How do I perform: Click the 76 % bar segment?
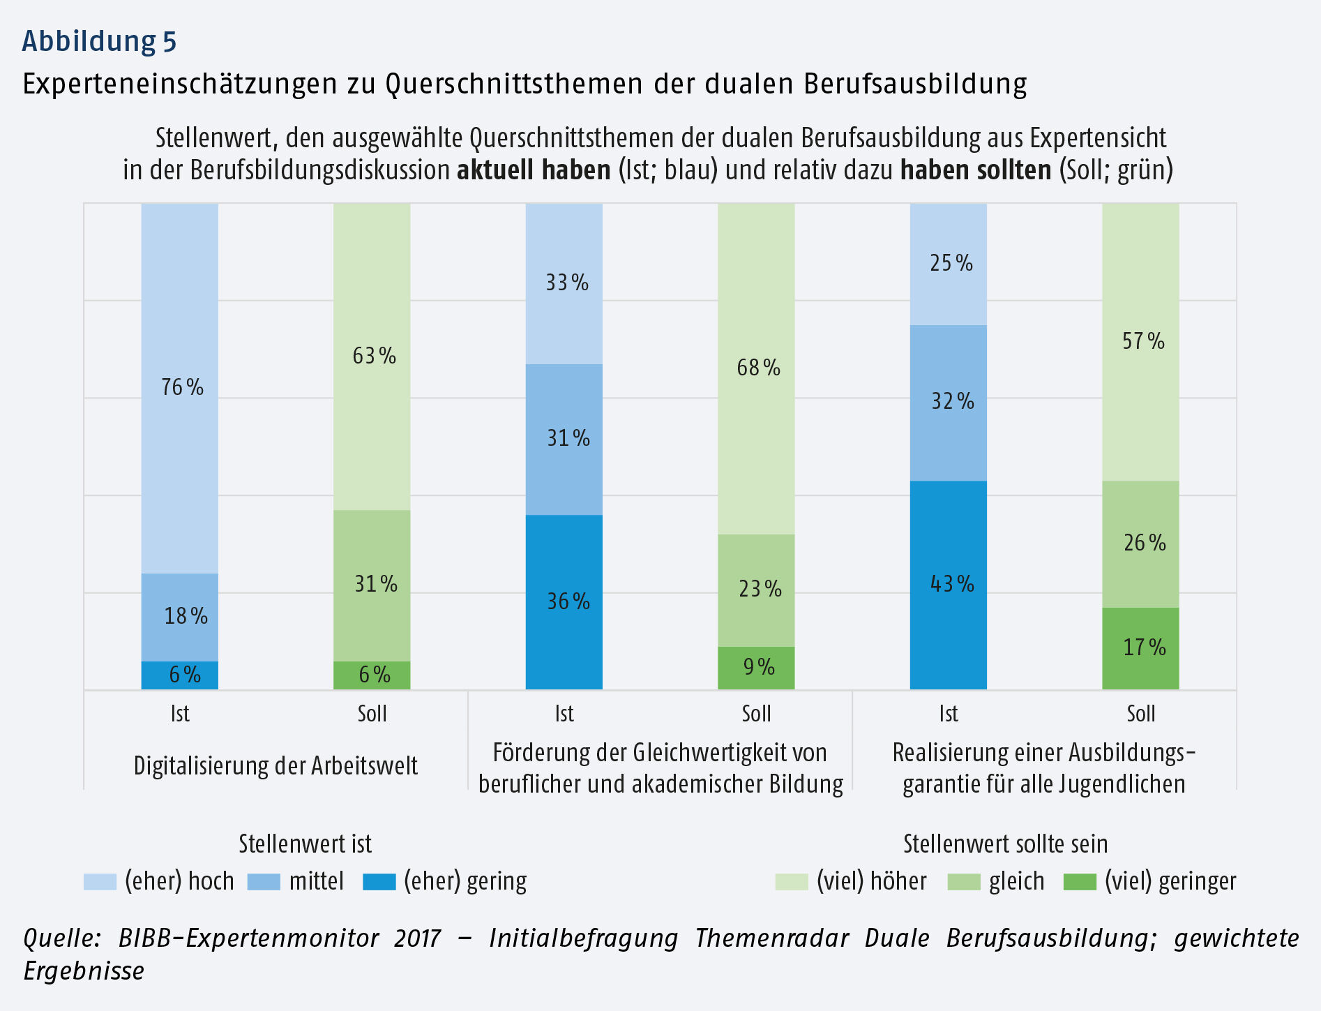tap(180, 388)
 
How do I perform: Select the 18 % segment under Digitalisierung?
tap(180, 617)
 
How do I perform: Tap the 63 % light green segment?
tap(372, 357)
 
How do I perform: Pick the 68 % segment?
tap(756, 368)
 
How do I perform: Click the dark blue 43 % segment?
tap(949, 585)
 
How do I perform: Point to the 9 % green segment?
tap(756, 668)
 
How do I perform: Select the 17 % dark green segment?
tap(1140, 648)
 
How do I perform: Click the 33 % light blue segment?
tap(564, 283)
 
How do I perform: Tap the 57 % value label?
tap(1143, 341)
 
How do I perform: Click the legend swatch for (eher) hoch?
tap(100, 882)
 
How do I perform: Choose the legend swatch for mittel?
tap(264, 882)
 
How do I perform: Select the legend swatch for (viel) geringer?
tap(1080, 882)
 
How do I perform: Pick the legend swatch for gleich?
tap(964, 882)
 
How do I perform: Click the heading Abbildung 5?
tap(99, 41)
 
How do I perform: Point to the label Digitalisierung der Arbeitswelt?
tap(275, 766)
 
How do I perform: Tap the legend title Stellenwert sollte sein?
tap(1005, 844)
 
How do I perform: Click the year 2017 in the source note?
tap(417, 938)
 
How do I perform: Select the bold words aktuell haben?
tap(534, 171)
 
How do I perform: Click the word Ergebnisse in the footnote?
tap(84, 971)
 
